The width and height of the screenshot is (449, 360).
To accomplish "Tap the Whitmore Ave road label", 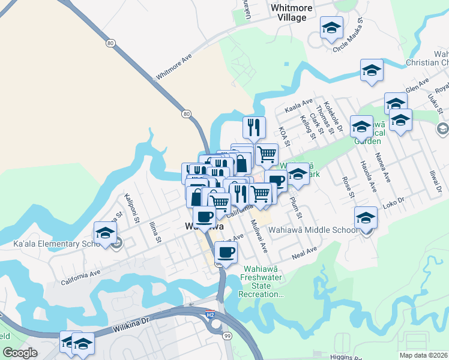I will (x=173, y=67).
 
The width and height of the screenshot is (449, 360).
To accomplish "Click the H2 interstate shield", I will (x=210, y=314).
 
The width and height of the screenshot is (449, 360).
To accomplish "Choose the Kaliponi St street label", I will (x=131, y=205).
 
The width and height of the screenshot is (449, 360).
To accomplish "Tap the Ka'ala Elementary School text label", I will (x=55, y=244).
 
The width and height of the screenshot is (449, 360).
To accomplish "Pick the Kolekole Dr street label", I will (x=332, y=116).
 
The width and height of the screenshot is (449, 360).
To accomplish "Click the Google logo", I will (x=20, y=353).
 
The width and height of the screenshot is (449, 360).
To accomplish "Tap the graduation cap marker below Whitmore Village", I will (x=331, y=28).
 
